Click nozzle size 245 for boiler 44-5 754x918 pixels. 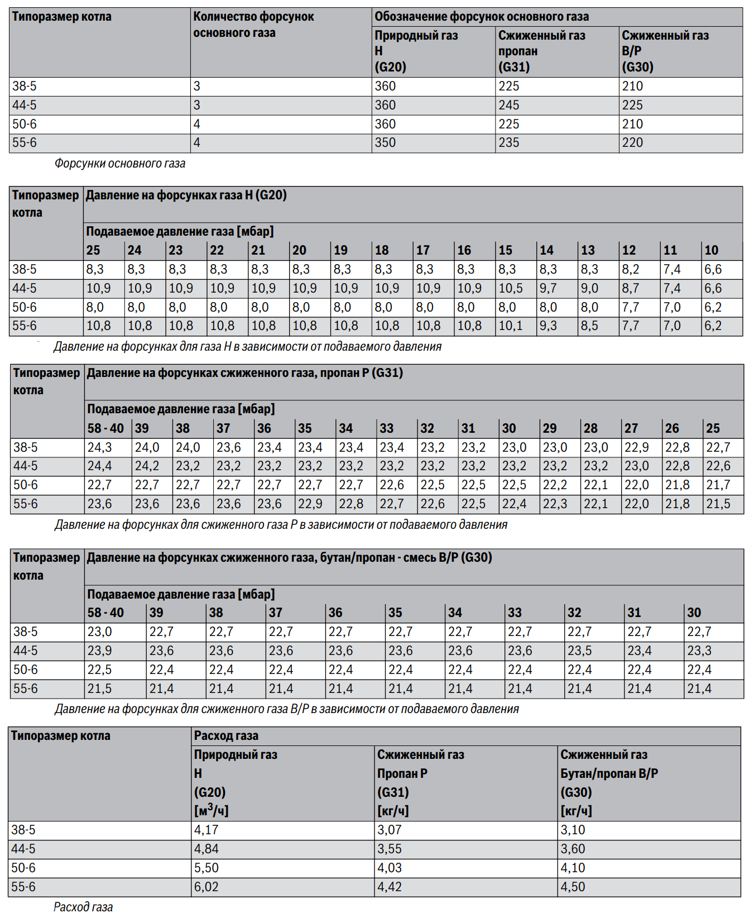pos(508,106)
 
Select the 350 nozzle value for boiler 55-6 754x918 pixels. pos(385,143)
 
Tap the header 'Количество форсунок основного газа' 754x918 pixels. pos(253,25)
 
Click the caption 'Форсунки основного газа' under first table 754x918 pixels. pos(120,164)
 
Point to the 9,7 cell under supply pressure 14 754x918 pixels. pos(548,289)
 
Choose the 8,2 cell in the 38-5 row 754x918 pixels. pos(630,270)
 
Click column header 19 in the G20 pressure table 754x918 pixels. pos(340,250)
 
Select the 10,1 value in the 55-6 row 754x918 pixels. pos(510,326)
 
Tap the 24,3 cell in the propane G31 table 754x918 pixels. pos(99,448)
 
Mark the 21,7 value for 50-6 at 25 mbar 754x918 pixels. pos(718,485)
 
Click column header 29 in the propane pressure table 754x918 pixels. pos(550,428)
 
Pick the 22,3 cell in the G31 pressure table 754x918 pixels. pos(555,504)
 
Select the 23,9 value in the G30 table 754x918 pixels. pos(99,651)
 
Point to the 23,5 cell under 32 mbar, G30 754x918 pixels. pos(579,651)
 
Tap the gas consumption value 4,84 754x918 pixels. pos(206,849)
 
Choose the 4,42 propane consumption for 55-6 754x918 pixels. pos(389,887)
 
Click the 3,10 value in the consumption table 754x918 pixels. pos(573,830)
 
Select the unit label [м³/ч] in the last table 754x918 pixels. pos(211,811)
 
